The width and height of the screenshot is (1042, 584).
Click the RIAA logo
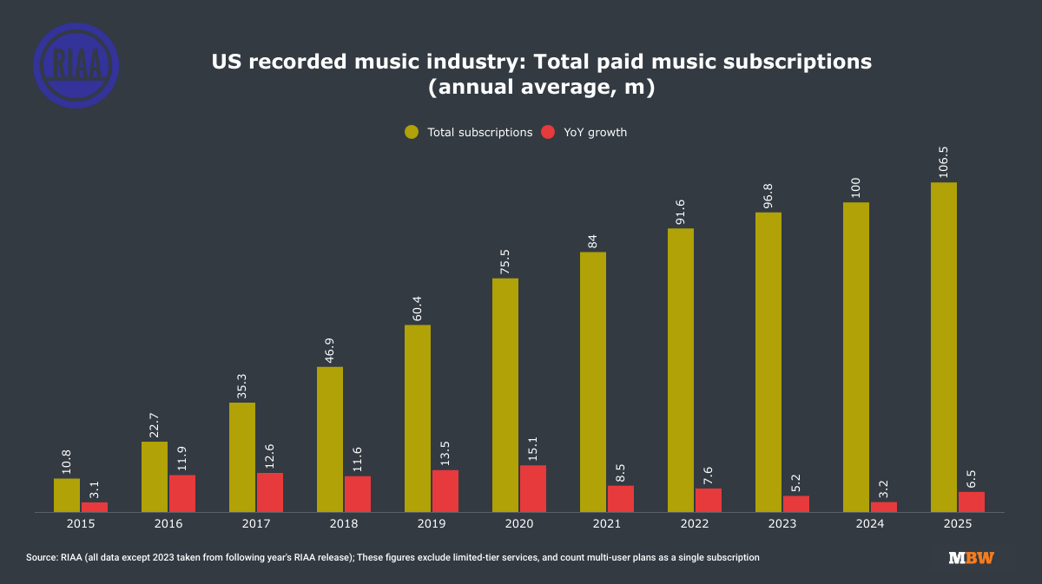(x=76, y=65)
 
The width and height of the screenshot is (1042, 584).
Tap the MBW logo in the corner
(x=971, y=558)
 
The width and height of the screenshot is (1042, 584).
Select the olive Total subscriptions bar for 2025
(x=944, y=347)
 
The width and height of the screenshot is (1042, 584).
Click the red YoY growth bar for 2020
(x=533, y=489)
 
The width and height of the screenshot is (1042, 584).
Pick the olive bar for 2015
(x=67, y=495)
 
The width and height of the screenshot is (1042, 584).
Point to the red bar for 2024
(x=884, y=507)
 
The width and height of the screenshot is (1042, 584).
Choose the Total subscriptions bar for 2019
(x=418, y=418)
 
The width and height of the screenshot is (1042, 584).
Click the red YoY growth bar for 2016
(x=182, y=493)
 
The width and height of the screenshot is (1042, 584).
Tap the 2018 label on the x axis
(x=344, y=524)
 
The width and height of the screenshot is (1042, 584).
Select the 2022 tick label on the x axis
(x=695, y=524)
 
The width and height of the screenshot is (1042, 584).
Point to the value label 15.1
(x=533, y=447)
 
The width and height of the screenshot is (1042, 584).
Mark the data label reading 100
(x=856, y=188)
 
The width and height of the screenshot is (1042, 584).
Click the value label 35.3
(x=242, y=384)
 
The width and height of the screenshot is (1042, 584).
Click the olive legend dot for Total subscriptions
(x=412, y=132)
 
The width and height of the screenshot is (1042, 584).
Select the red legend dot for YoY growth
(x=548, y=132)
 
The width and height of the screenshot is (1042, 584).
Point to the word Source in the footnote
(x=41, y=557)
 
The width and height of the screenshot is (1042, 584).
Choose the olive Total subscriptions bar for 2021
(x=593, y=382)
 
